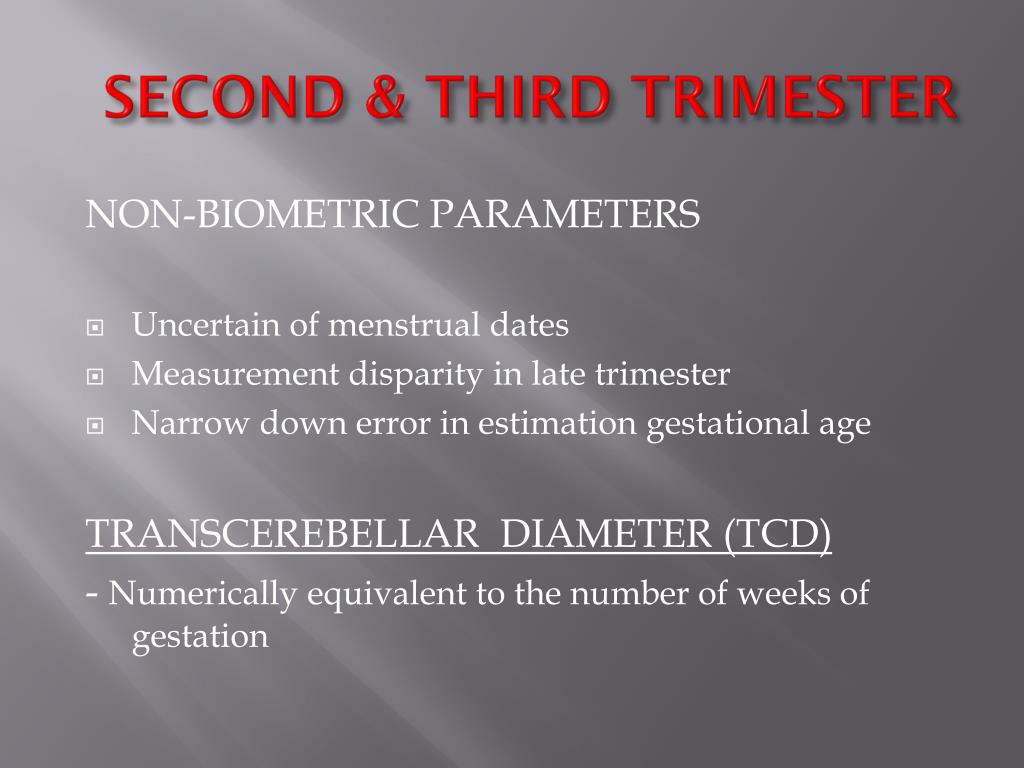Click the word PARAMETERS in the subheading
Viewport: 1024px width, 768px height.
pos(565,215)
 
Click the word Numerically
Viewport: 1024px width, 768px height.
pos(203,594)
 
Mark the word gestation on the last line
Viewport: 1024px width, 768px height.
pos(200,637)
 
